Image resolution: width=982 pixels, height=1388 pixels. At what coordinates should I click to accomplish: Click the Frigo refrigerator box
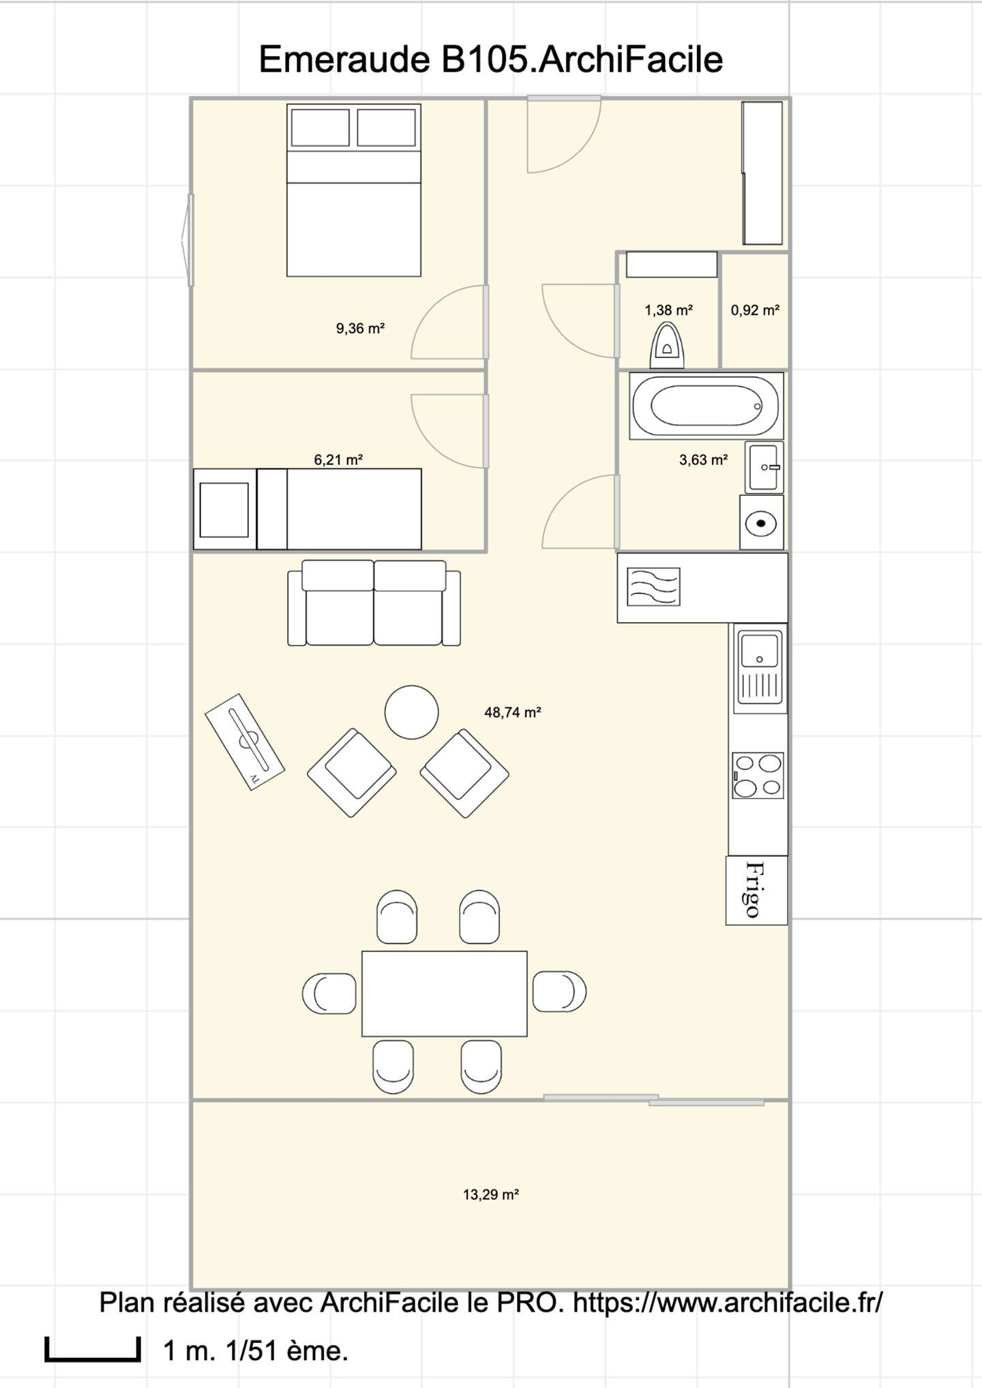point(756,890)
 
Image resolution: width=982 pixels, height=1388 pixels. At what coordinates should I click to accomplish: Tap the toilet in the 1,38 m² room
point(668,345)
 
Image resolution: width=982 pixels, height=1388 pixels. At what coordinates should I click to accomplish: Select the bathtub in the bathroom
point(706,406)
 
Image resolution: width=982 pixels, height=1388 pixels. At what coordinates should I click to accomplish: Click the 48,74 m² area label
point(512,713)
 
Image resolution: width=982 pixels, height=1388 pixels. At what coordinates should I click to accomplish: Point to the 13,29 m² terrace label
point(491,1194)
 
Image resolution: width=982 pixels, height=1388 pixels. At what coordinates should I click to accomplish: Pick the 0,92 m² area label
point(755,310)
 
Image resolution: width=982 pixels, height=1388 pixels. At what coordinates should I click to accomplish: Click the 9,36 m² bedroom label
point(360,329)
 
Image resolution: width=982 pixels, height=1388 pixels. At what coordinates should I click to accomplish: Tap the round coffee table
point(411,712)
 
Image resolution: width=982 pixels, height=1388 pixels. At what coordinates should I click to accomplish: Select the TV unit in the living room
point(245,742)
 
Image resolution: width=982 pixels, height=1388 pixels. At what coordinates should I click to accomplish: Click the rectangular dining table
point(444,994)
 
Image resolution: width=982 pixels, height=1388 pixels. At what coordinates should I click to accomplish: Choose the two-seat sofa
point(374,603)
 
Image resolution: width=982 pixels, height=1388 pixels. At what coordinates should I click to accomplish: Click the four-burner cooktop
point(758,775)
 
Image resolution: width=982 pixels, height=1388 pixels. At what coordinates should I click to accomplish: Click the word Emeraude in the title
point(344,59)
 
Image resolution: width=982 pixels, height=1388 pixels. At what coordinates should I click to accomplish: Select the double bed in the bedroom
point(353,190)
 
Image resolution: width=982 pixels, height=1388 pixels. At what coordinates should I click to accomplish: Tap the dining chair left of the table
point(329,993)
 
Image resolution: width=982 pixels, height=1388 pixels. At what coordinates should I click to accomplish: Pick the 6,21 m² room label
point(338,460)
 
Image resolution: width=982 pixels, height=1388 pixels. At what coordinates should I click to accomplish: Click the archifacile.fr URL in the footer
point(728,1302)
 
